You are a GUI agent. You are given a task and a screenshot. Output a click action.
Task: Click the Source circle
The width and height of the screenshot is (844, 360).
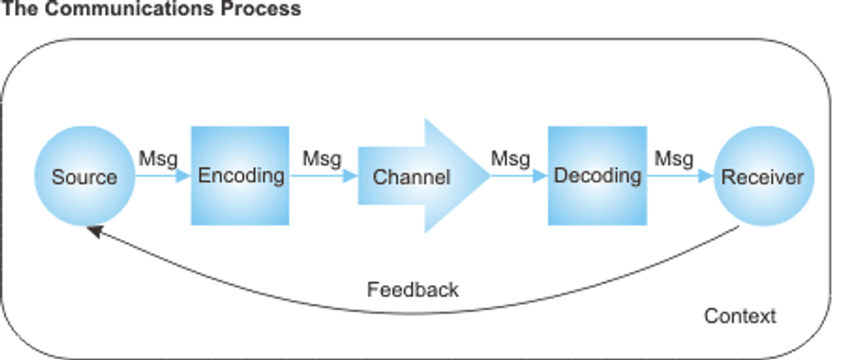[x=84, y=177]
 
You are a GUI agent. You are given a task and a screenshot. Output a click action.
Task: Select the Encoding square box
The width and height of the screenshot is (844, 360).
[x=240, y=176]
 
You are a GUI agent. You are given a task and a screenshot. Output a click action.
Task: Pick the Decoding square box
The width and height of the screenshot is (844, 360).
[x=597, y=176]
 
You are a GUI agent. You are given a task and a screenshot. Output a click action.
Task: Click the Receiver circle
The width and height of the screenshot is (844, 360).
[x=761, y=177]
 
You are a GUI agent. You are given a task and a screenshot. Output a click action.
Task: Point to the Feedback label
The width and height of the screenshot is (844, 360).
[x=413, y=289]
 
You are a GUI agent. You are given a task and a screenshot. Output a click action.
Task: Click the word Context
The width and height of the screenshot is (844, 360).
[x=740, y=316]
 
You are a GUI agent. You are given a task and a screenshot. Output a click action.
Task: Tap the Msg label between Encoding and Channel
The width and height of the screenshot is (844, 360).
[x=322, y=158]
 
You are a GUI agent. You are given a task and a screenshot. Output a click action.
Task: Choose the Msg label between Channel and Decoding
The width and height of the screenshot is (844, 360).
[x=511, y=158]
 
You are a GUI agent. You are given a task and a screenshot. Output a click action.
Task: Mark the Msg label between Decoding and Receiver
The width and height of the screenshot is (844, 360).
[x=673, y=158]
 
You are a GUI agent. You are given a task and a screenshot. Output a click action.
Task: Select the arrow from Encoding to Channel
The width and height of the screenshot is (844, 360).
[x=324, y=177]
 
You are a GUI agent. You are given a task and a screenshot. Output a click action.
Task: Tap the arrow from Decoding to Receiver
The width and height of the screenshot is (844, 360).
[x=680, y=177]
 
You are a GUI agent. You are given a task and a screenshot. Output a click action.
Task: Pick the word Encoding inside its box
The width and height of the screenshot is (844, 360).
[x=240, y=176]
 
